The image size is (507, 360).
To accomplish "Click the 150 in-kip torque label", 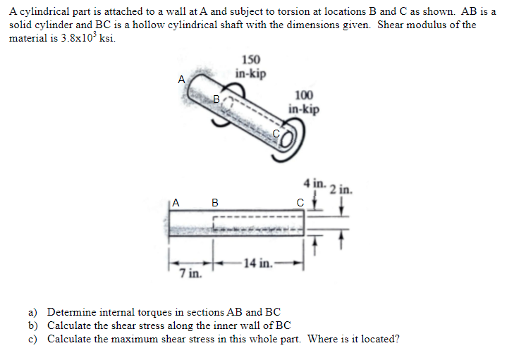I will coord(250,66).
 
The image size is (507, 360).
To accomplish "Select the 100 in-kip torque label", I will coord(303,102).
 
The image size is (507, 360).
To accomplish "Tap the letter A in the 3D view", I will coord(181,80).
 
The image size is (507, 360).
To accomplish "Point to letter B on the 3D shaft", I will coord(217,98).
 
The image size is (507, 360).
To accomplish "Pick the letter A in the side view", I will coord(176,203).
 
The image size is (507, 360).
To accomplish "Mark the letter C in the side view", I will coord(299,203).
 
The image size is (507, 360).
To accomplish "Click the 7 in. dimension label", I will coord(188,273).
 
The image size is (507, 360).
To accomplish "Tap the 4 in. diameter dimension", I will coord(314,183).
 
